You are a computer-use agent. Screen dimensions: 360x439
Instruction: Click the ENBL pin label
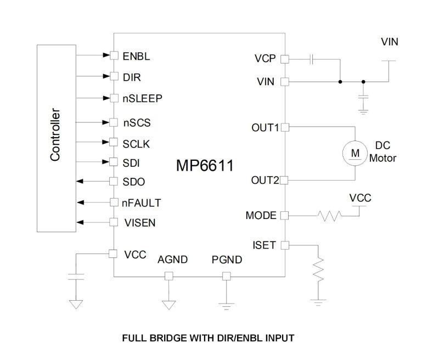pyautogui.click(x=137, y=55)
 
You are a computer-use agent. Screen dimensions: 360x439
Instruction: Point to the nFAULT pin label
pyautogui.click(x=142, y=203)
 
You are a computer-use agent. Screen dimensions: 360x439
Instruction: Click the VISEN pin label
pyautogui.click(x=139, y=223)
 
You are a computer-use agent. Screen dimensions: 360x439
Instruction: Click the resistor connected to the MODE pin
pyautogui.click(x=329, y=216)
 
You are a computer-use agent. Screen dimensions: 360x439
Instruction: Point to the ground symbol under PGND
pyautogui.click(x=225, y=304)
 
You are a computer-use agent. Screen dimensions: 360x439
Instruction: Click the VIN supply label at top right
pyautogui.click(x=390, y=42)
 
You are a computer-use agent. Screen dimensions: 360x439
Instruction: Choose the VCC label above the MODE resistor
pyautogui.click(x=360, y=198)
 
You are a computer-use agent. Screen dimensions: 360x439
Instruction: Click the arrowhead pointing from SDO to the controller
pyautogui.click(x=80, y=181)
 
